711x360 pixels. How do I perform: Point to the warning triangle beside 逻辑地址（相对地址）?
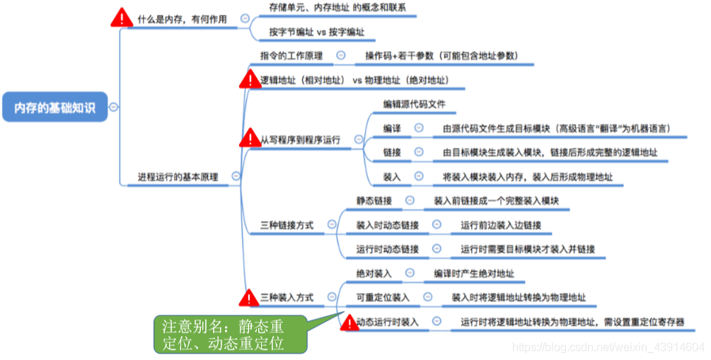[250, 79]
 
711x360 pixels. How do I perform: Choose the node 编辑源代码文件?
[415, 105]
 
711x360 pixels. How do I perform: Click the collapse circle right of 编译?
[420, 129]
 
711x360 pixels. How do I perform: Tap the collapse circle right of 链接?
[420, 152]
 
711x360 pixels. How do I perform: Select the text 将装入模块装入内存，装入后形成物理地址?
[528, 176]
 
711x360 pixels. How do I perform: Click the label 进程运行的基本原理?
[178, 176]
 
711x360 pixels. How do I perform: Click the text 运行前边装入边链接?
[501, 225]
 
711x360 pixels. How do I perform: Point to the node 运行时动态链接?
[388, 249]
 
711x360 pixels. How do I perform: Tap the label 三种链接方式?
[287, 225]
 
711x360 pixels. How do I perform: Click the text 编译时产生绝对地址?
[474, 273]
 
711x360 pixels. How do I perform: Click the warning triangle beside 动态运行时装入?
[348, 323]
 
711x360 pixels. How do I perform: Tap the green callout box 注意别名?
[230, 335]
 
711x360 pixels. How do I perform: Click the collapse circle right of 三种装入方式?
[330, 297]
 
